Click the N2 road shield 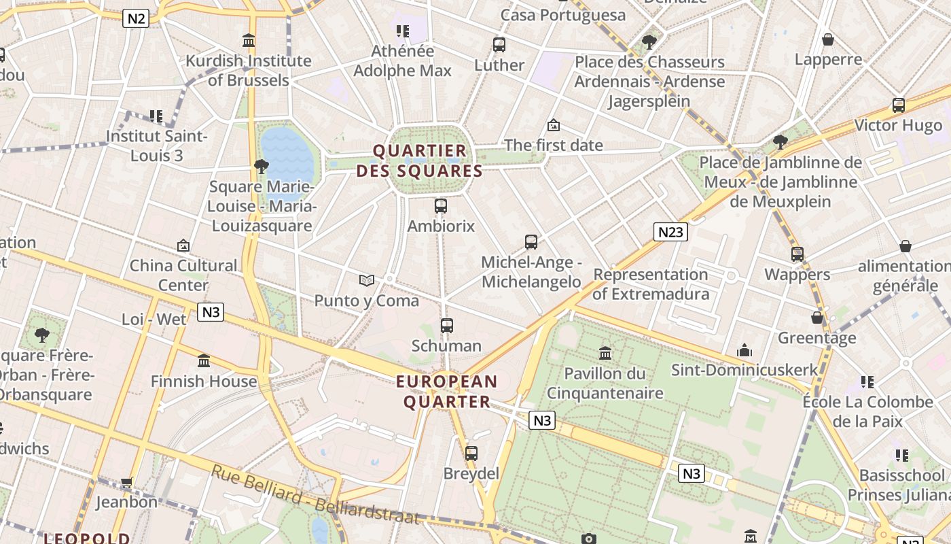pos(136,18)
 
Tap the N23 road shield pos(670,232)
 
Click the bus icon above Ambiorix pos(441,205)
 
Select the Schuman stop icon pos(446,326)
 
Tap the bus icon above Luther pos(499,45)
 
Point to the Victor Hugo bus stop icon pos(899,105)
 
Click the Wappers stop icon pos(797,254)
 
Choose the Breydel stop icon pos(471,453)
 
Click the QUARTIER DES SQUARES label pos(420,160)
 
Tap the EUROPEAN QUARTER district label pos(447,391)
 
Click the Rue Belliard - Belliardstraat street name pos(315,495)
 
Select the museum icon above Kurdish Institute pos(249,41)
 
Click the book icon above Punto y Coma pos(367,280)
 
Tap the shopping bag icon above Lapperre pos(827,39)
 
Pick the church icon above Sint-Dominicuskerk pos(744,350)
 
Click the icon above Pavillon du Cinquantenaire pos(605,353)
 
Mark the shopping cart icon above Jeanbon pos(126,482)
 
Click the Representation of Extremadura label pos(651,284)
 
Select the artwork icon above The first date pos(554,125)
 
